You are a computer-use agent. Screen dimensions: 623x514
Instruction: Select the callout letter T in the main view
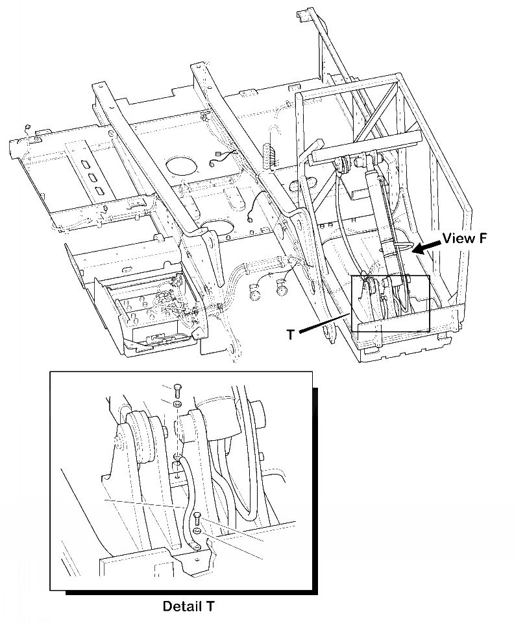(292, 334)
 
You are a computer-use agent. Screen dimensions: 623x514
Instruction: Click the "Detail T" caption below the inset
(188, 607)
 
